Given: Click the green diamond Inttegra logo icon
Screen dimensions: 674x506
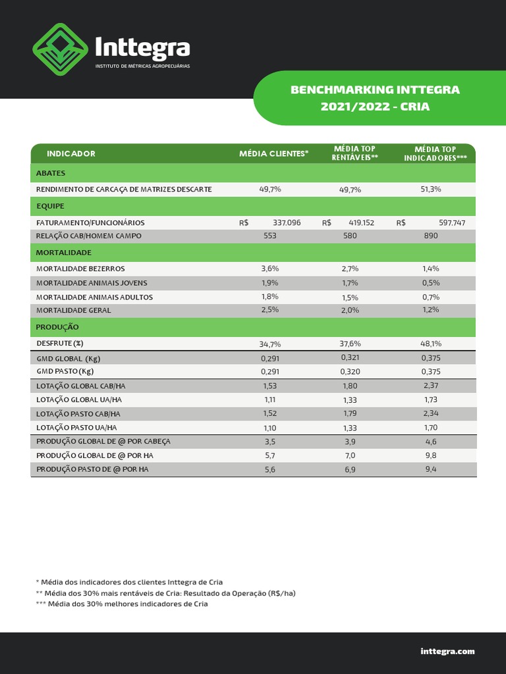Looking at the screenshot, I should pos(60,49).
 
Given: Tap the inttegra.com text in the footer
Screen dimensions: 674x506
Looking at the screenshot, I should pos(447,651).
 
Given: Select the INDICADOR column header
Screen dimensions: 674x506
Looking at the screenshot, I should pos(71,153).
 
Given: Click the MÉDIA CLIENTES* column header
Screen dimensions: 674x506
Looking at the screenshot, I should pos(273,153).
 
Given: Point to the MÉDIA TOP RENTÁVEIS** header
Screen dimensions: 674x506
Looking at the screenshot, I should pos(354,153).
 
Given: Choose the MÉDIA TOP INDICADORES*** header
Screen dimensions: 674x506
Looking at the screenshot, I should pos(435,153).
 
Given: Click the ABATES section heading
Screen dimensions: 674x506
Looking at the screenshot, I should pos(51,173).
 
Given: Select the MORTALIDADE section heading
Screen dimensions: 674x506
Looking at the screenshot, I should pos(64,253).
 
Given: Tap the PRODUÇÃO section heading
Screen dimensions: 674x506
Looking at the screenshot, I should pos(57,327).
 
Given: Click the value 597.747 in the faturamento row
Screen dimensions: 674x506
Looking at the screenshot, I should pos(452,223).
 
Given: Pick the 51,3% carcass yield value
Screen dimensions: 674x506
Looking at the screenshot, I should pos(431,189).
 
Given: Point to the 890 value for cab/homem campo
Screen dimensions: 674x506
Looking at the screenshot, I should pos(431,236).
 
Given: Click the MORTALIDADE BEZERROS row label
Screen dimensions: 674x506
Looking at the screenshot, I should pos(80,269).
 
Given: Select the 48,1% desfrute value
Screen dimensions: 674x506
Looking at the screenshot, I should pos(431,344).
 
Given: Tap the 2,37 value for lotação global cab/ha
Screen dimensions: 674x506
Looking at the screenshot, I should pos(431,386).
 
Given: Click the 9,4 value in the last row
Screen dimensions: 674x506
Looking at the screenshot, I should pos(431,469).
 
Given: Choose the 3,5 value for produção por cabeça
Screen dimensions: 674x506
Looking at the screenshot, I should pos(270,442).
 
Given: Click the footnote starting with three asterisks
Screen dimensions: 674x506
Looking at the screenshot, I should pos(122,604).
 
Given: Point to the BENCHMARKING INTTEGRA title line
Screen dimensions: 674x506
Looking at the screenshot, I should pos(375,90).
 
